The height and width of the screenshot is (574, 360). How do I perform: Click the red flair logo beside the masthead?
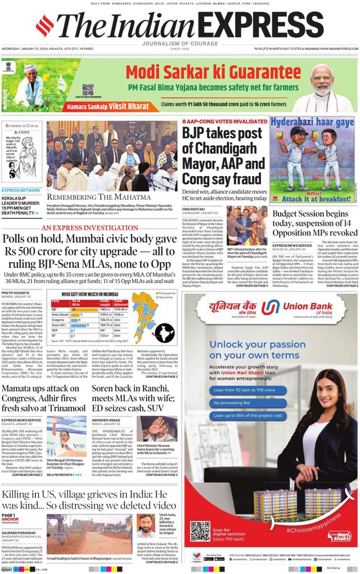point(44,25)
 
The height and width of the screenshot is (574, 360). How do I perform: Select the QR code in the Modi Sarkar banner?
point(88,90)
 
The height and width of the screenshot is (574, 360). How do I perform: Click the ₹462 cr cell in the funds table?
point(105,309)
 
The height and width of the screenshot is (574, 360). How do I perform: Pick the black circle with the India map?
point(166,334)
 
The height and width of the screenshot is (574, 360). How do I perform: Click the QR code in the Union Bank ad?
point(200,531)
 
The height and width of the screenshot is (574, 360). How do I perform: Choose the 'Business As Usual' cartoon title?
point(22,125)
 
